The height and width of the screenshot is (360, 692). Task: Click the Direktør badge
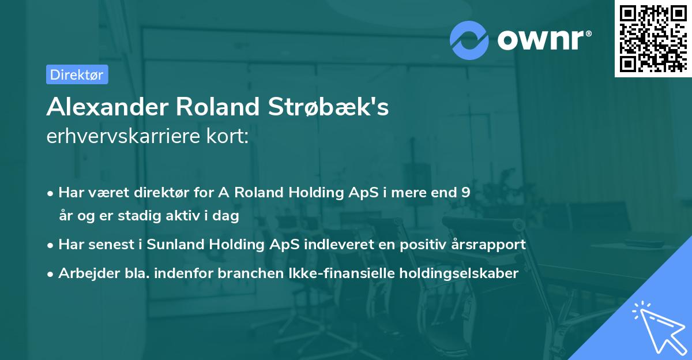pyautogui.click(x=77, y=74)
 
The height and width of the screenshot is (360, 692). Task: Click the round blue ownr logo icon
pyautogui.click(x=469, y=40)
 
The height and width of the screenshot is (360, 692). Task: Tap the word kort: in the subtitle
pyautogui.click(x=229, y=137)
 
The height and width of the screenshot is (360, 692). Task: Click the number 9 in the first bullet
pyautogui.click(x=465, y=193)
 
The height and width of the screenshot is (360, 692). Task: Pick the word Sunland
pyautogui.click(x=173, y=245)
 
